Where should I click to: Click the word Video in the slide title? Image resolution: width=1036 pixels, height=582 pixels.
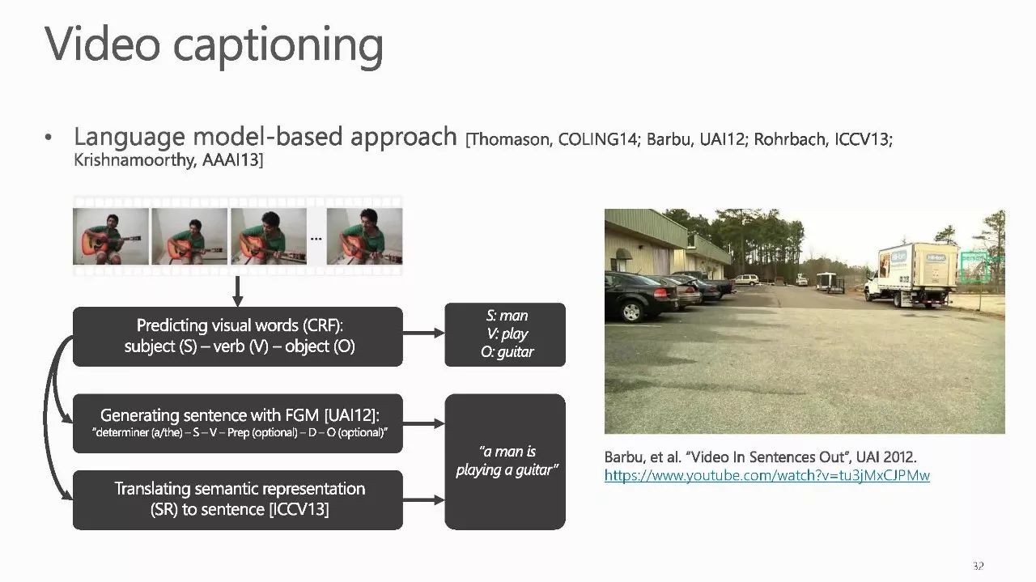pos(103,44)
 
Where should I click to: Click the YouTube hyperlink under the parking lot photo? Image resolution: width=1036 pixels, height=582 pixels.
pos(766,476)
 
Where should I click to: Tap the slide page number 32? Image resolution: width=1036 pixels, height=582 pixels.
pos(978,565)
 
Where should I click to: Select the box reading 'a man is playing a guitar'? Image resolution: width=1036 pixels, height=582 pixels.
pos(505,461)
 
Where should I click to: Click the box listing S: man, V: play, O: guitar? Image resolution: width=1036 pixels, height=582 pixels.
pos(505,334)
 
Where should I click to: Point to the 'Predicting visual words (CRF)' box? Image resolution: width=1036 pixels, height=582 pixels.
pos(238,337)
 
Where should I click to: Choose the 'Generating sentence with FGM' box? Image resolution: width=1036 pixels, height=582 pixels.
pos(238,423)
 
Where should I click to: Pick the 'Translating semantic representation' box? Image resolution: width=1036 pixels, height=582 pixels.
pos(238,500)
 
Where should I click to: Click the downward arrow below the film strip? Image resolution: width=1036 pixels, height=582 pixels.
pos(237,291)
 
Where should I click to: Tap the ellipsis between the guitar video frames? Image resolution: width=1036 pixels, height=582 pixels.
pos(316,239)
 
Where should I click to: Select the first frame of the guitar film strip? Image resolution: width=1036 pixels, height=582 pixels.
pos(111,236)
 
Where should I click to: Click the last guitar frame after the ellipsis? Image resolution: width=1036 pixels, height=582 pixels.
pos(364,236)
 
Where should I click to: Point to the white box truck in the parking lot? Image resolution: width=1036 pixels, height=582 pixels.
pos(911,274)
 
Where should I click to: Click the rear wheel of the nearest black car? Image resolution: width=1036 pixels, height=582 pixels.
pos(631,312)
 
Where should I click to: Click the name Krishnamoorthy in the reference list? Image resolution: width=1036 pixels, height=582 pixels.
pos(134,160)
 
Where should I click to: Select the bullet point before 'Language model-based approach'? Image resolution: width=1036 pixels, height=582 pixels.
pos(48,138)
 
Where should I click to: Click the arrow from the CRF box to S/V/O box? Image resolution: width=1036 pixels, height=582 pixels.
pos(423,333)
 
